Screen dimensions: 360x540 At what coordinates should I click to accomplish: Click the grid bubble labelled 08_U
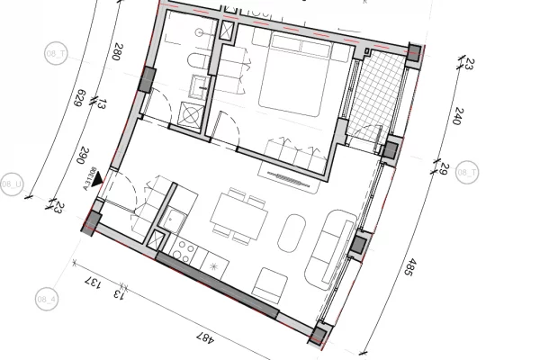point(13,180)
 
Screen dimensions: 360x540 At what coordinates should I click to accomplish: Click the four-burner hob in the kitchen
point(187,249)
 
